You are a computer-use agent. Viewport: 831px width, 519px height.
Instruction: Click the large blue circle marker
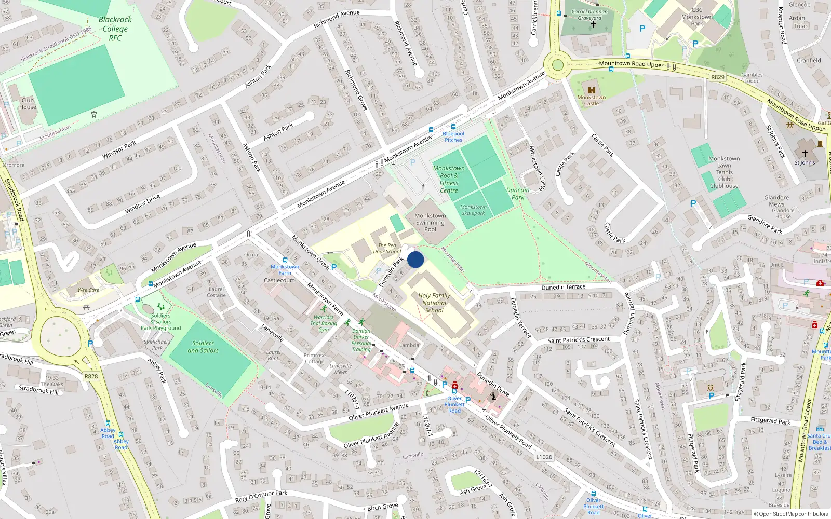pos(415,259)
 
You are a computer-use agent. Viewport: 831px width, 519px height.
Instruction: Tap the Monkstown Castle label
pos(591,101)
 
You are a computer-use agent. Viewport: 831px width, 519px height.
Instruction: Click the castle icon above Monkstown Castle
pos(591,89)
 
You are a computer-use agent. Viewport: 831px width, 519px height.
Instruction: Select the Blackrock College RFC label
pos(115,29)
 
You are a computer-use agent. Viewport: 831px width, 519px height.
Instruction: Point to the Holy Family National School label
pos(434,303)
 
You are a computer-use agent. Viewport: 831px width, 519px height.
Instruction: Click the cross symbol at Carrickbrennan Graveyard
pos(593,24)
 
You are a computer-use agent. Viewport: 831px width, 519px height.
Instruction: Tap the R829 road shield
pos(717,77)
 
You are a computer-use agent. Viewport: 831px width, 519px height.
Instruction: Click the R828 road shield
pos(91,376)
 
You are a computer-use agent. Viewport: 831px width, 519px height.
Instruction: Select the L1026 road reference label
pos(544,457)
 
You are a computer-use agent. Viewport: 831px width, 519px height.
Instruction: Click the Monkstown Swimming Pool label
pos(430,222)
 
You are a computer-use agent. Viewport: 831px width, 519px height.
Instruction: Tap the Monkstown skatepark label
pos(473,210)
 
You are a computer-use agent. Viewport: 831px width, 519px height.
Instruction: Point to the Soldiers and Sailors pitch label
pos(203,347)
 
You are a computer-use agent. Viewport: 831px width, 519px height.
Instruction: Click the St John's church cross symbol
pos(805,154)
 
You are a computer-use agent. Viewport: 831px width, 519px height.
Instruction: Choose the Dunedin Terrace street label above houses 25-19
pos(563,287)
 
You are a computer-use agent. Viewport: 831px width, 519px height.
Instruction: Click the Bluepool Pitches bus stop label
pos(453,137)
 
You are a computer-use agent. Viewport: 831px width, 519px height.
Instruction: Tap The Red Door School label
pos(387,248)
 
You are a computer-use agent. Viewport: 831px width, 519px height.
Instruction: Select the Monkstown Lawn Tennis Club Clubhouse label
pos(724,172)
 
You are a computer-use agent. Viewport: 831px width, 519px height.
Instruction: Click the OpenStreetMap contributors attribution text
pos(791,514)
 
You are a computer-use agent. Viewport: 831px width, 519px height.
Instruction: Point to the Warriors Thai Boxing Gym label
pos(324,323)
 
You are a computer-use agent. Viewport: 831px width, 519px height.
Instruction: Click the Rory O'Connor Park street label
pos(261,496)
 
